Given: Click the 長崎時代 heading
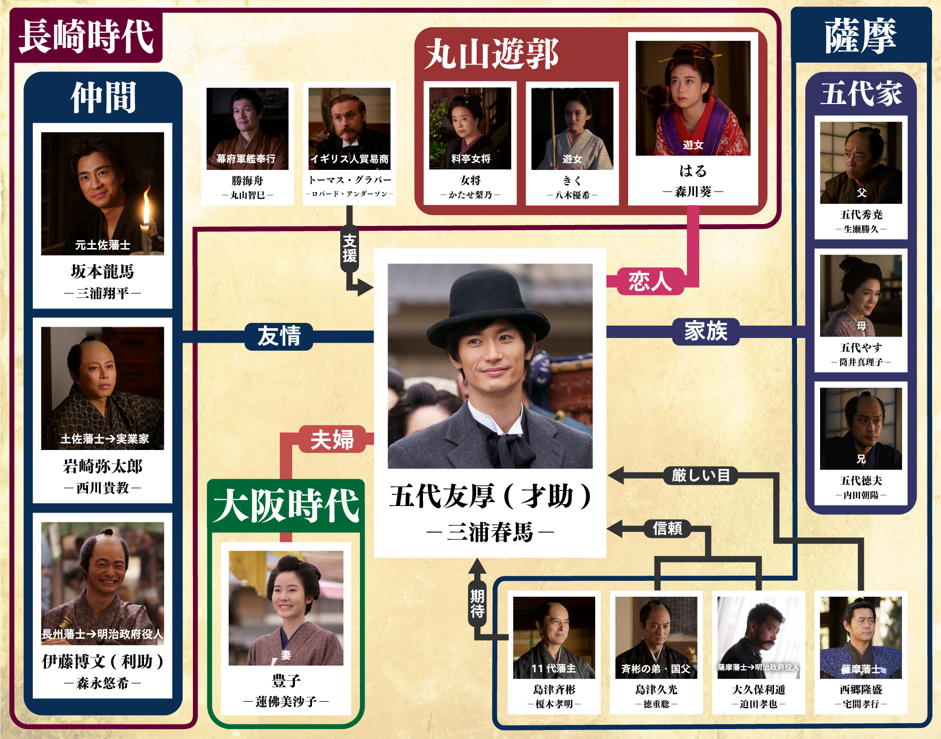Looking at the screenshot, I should tap(86, 36).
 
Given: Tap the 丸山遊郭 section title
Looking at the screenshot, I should tap(492, 54).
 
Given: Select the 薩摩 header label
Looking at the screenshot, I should tap(861, 36).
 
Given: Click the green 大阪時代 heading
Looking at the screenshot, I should tap(286, 506).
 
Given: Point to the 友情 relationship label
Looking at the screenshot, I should tap(279, 337).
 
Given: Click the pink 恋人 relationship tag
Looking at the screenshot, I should tap(650, 281).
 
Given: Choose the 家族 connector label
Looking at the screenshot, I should tap(706, 331).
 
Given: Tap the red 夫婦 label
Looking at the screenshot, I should tap(332, 440).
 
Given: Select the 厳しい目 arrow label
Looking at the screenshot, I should tap(701, 475).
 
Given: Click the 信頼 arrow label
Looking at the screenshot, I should tap(667, 529).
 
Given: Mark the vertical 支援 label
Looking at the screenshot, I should tap(349, 249).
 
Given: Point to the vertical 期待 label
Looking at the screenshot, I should tap(477, 604).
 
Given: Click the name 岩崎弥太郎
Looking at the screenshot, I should tap(103, 466).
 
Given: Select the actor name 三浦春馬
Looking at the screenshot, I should tap(490, 532).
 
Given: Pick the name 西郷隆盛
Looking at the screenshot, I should tap(861, 690).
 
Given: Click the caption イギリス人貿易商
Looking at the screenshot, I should tap(349, 159).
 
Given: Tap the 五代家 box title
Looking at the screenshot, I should tap(861, 94).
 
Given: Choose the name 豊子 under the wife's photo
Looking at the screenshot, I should tap(286, 681).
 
